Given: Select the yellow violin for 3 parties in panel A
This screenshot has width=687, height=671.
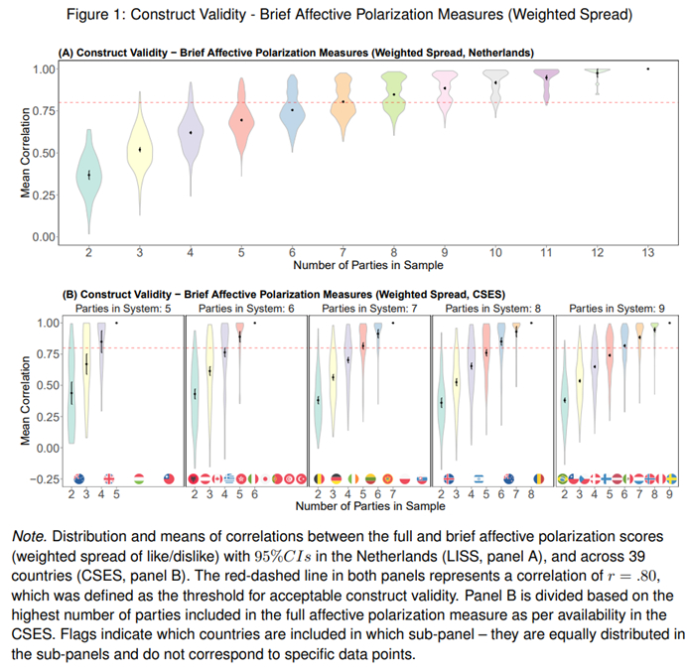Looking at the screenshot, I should tap(140, 151).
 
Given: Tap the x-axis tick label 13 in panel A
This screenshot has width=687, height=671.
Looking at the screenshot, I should tap(647, 254).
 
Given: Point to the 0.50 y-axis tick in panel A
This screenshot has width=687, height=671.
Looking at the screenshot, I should tap(44, 154).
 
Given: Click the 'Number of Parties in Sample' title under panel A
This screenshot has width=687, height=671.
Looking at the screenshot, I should tap(367, 266).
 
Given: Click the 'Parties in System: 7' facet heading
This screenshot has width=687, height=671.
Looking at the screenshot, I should tap(364, 309).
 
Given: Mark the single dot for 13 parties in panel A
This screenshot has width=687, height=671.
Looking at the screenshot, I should tap(647, 68).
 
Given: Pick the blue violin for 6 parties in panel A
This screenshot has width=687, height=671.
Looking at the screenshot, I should tap(292, 111).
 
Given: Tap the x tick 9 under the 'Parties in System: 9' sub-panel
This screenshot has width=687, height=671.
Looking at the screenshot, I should tap(668, 493).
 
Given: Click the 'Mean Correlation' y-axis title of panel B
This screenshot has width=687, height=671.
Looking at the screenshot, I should tap(27, 399).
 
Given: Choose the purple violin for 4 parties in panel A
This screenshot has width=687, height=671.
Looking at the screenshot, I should tap(191, 132).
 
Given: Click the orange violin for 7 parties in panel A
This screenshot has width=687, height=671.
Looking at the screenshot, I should tap(343, 103).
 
